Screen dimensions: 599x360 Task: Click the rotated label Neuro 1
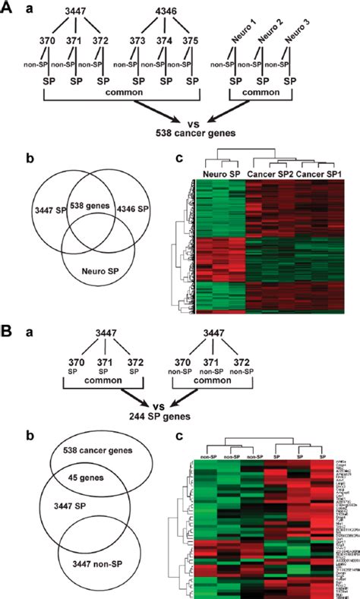click(x=244, y=34)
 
